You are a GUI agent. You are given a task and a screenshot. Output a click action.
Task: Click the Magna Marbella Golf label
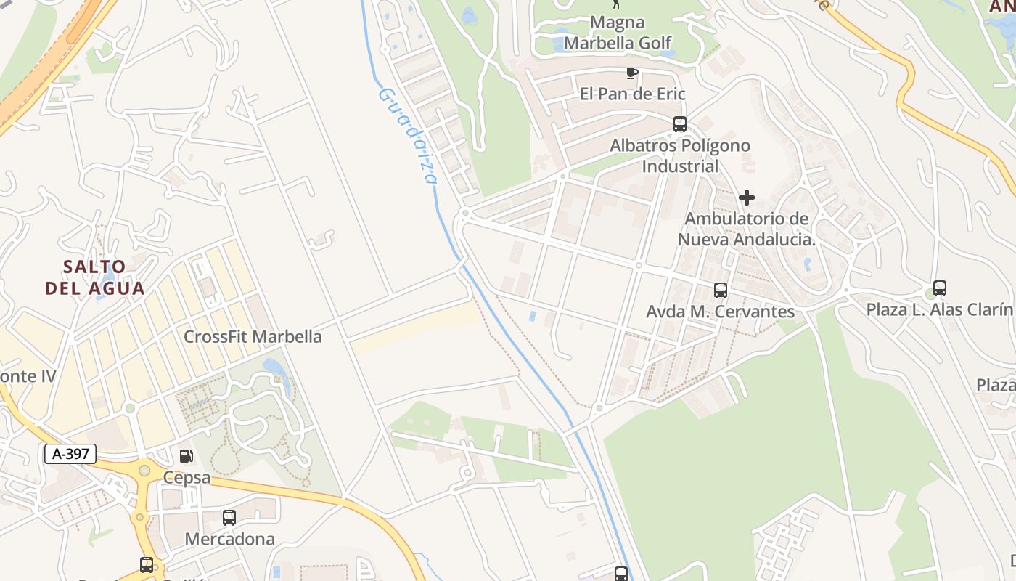[618, 33]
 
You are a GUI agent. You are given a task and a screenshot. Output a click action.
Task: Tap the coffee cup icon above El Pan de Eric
[632, 73]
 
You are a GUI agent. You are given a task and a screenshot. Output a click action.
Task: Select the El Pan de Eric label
[632, 94]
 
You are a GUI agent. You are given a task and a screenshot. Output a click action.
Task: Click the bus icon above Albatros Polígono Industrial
[680, 124]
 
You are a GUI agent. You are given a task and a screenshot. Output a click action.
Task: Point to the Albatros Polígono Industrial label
[680, 155]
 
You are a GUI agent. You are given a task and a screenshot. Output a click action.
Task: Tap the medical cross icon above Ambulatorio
[747, 198]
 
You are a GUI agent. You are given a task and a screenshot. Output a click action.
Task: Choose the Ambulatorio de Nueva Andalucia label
[747, 229]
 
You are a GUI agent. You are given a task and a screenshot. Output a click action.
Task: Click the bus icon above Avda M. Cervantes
[721, 290]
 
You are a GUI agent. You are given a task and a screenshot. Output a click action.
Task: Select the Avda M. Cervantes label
[721, 312]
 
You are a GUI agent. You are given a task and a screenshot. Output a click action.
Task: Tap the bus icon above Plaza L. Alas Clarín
[940, 288]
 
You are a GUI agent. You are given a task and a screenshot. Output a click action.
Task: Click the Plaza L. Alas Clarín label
[939, 309]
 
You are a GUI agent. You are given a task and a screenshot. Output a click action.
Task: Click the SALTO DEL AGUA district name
[95, 277]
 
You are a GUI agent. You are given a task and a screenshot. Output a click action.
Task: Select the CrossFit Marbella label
[253, 337]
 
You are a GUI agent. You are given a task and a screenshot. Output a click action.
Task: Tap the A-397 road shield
[70, 455]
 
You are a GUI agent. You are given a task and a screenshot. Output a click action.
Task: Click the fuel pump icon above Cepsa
[187, 456]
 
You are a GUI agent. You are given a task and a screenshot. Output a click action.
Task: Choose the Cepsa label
[187, 477]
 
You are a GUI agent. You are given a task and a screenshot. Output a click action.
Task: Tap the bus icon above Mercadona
[229, 518]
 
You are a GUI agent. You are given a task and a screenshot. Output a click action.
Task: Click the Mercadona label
[229, 539]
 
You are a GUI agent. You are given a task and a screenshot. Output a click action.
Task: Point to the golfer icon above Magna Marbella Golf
[617, 4]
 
